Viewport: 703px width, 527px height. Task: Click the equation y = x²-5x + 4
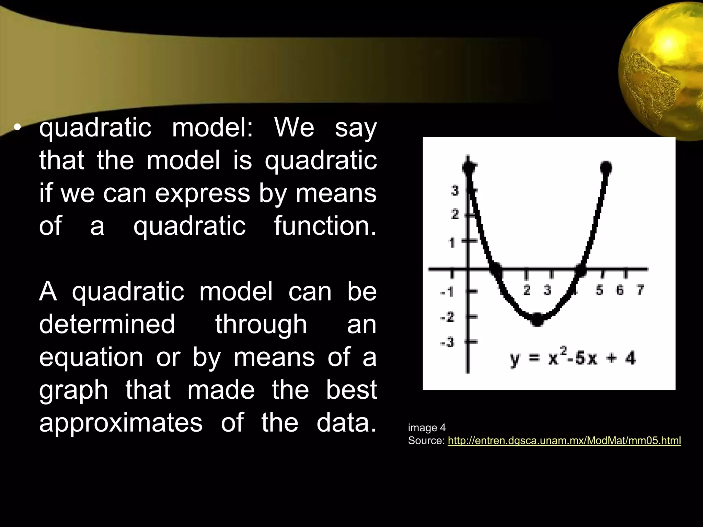pos(573,359)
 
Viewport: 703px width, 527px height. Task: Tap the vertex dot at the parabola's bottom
pos(538,319)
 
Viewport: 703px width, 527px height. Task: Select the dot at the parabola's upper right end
pos(606,167)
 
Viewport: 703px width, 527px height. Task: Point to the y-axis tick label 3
pos(455,190)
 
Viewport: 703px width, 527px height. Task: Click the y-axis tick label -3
pos(447,342)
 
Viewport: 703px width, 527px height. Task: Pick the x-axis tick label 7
pos(640,290)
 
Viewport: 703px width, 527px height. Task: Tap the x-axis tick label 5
pos(599,290)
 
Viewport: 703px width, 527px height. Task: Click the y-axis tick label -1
pos(447,292)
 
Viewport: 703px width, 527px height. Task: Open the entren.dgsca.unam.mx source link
pos(564,441)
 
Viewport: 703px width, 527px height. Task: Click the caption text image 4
pos(427,428)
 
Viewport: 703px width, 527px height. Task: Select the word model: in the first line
pos(212,127)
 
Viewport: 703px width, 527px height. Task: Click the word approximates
pos(121,423)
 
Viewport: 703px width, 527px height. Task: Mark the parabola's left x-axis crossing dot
pos(496,269)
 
